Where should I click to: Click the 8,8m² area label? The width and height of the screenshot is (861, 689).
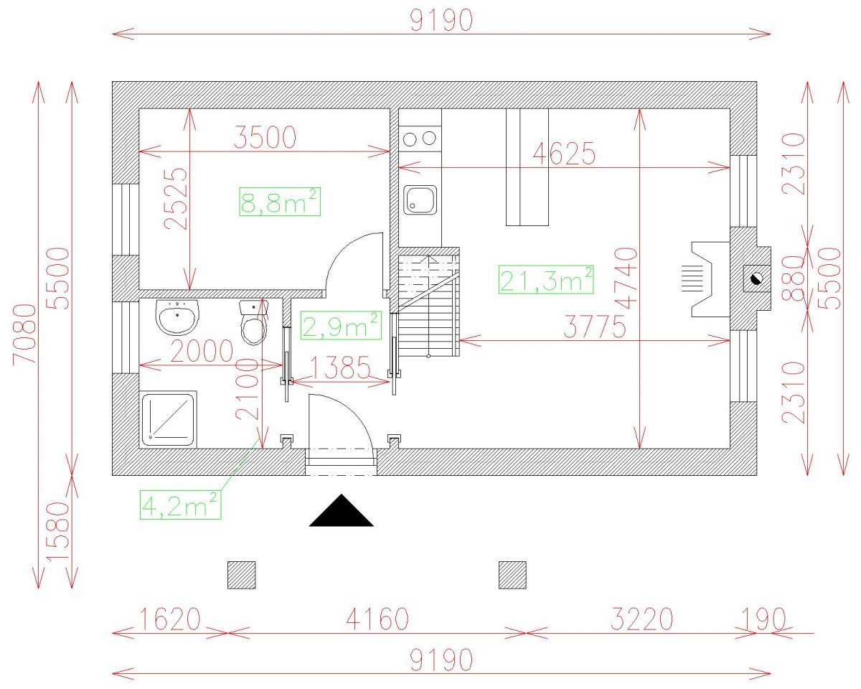point(280,202)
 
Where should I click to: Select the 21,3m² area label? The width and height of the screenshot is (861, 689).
point(546,279)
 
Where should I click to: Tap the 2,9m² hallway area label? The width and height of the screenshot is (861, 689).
point(341,326)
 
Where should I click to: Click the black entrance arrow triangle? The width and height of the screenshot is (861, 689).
point(342,510)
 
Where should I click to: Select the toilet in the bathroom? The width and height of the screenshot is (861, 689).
point(254,323)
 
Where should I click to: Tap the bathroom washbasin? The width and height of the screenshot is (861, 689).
point(177,317)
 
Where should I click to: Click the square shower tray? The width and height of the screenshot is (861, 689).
point(169,420)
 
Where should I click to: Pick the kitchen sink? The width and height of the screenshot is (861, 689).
point(420,200)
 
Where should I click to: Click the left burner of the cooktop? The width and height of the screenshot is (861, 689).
point(410,139)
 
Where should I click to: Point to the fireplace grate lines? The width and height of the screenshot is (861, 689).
point(692,279)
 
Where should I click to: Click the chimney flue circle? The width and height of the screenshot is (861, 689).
point(756,278)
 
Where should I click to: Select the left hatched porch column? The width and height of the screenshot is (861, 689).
point(242,576)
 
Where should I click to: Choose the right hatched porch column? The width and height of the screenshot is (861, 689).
point(512,576)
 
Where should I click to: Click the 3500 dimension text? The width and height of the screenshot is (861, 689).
point(265,137)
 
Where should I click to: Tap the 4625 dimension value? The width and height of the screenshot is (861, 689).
point(564,154)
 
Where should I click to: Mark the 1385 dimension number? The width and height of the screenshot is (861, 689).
point(340,367)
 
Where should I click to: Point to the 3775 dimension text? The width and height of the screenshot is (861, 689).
point(595,327)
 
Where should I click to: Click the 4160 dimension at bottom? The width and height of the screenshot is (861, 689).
point(377,619)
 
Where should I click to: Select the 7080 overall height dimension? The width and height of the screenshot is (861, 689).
point(25,334)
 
